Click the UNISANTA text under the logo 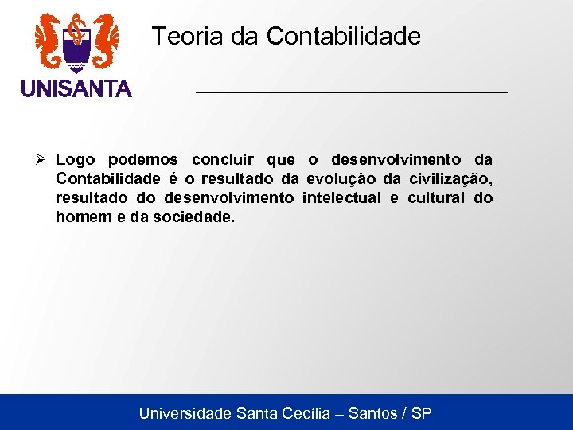76,89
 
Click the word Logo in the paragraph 76,161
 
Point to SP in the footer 422,413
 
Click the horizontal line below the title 351,93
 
